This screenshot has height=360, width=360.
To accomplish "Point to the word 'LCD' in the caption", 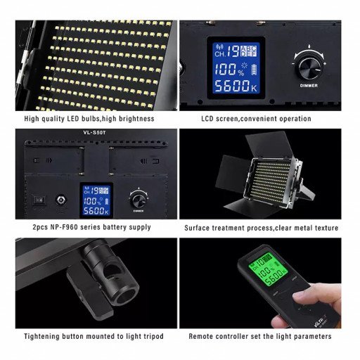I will [209, 119].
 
